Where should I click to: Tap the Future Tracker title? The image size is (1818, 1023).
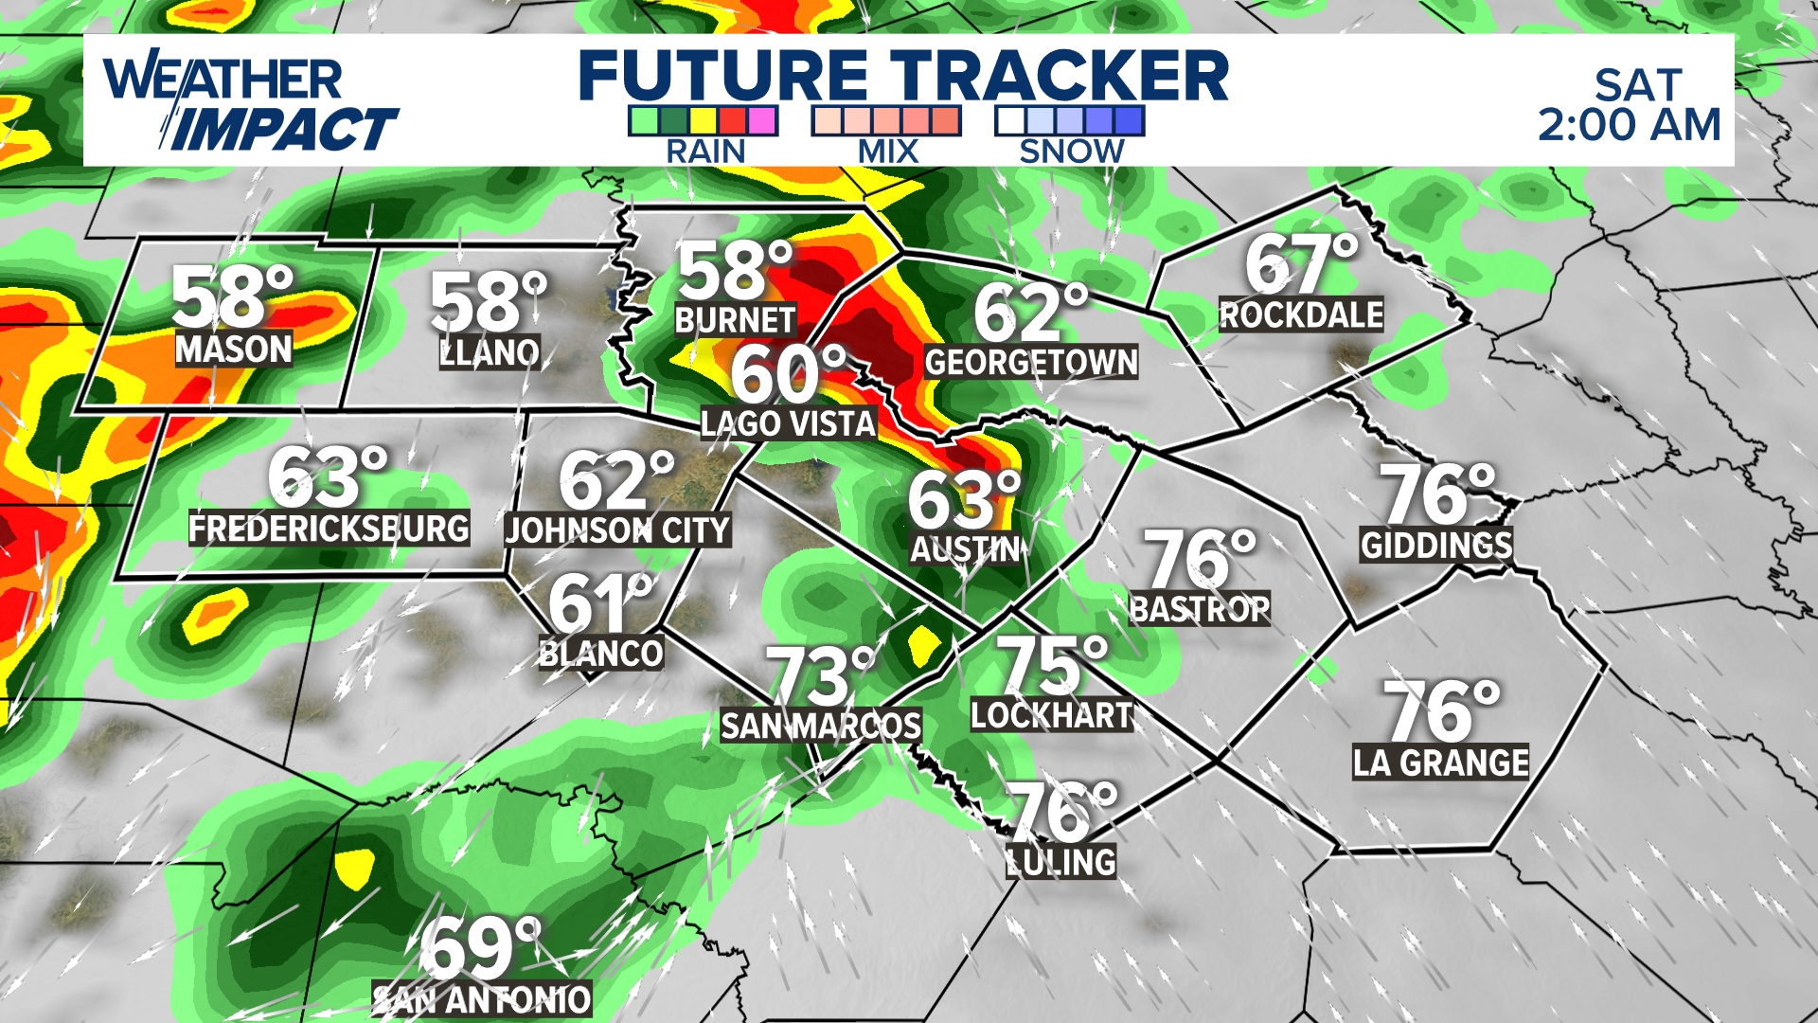point(903,76)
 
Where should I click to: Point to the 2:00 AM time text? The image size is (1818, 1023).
point(1629,125)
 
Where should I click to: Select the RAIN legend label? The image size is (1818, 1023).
point(705,152)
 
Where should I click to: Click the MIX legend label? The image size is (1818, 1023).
point(888,152)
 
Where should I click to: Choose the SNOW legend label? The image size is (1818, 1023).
point(1071,152)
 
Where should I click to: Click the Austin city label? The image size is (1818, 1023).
point(965,549)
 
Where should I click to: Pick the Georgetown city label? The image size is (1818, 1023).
point(1031,362)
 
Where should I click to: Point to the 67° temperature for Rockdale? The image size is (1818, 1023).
point(1300,265)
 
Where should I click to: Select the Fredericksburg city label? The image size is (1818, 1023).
point(329,528)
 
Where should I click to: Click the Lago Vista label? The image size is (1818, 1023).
point(788,423)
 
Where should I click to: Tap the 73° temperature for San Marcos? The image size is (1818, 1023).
point(821,676)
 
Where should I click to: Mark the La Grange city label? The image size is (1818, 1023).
point(1440,763)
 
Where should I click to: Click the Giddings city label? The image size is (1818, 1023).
point(1436,545)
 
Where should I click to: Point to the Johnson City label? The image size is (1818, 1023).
point(617,530)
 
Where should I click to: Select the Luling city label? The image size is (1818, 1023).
point(1061,862)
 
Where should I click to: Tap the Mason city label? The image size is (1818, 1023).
point(234,350)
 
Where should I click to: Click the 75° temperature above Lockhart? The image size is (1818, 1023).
point(1051,664)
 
